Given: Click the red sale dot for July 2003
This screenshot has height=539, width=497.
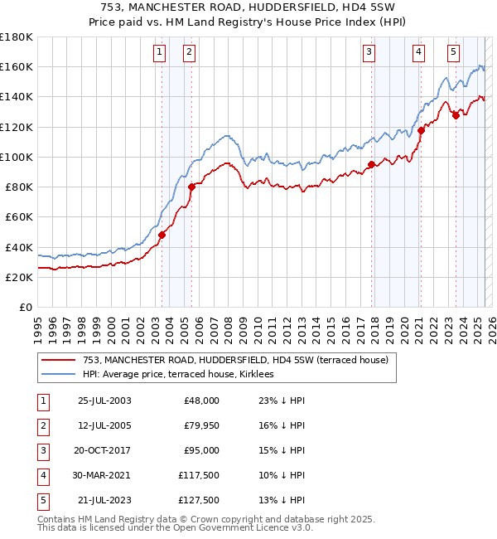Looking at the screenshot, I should point(162,235).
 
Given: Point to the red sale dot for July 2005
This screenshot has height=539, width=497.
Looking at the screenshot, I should point(191,187).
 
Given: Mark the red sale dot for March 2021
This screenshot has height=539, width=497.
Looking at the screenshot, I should point(421,130).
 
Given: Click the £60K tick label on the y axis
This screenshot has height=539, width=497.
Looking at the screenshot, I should point(17,216).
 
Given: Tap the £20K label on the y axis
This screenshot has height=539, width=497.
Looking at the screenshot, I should point(17,277).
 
